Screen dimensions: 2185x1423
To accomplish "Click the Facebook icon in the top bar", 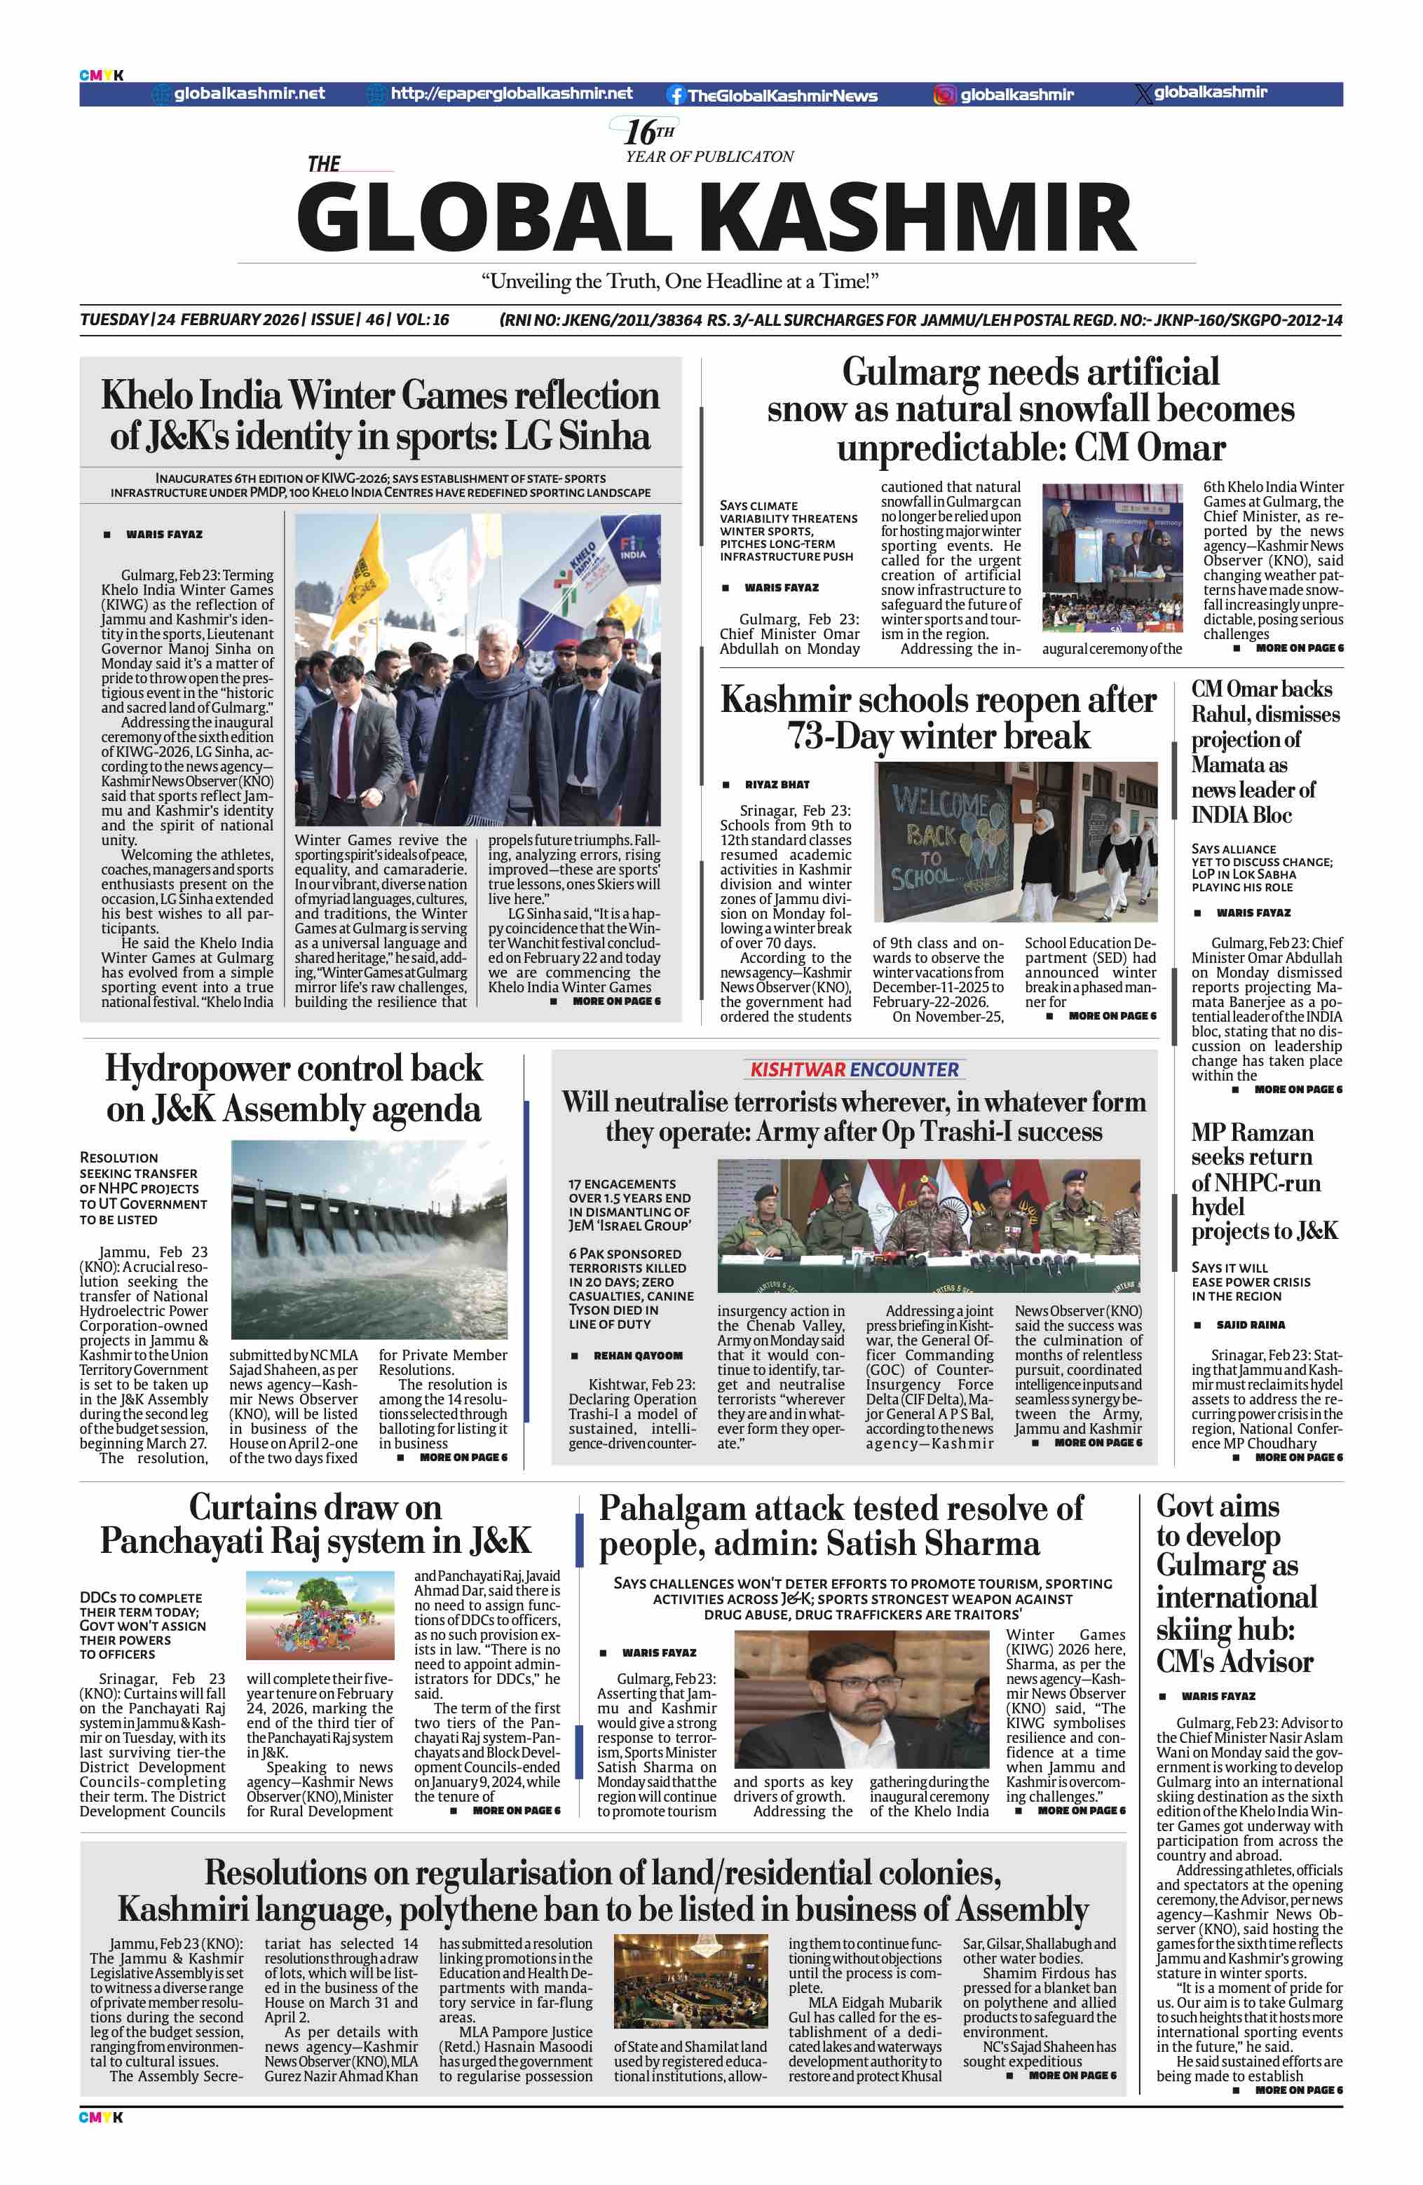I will tap(676, 95).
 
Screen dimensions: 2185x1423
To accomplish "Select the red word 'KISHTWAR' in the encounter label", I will tap(797, 1069).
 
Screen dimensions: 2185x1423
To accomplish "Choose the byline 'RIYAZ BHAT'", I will tap(777, 785).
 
